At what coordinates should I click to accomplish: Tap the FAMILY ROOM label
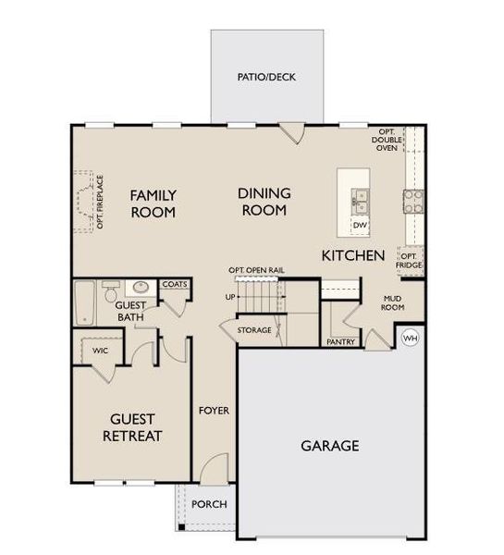[x=153, y=203]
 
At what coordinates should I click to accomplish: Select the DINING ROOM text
[x=264, y=202]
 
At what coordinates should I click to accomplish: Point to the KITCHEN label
[x=352, y=254]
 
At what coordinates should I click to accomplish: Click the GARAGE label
[x=329, y=445]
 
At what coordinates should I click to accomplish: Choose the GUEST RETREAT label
[x=133, y=426]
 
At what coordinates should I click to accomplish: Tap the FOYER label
[x=214, y=410]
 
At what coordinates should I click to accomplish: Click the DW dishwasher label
[x=360, y=225]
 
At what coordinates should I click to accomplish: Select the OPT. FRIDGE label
[x=409, y=260]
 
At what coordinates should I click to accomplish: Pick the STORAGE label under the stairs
[x=254, y=330]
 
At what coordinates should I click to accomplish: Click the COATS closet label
[x=175, y=285]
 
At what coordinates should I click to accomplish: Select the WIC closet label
[x=101, y=351]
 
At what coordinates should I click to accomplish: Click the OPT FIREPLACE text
[x=99, y=202]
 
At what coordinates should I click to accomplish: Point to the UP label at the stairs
[x=230, y=297]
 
